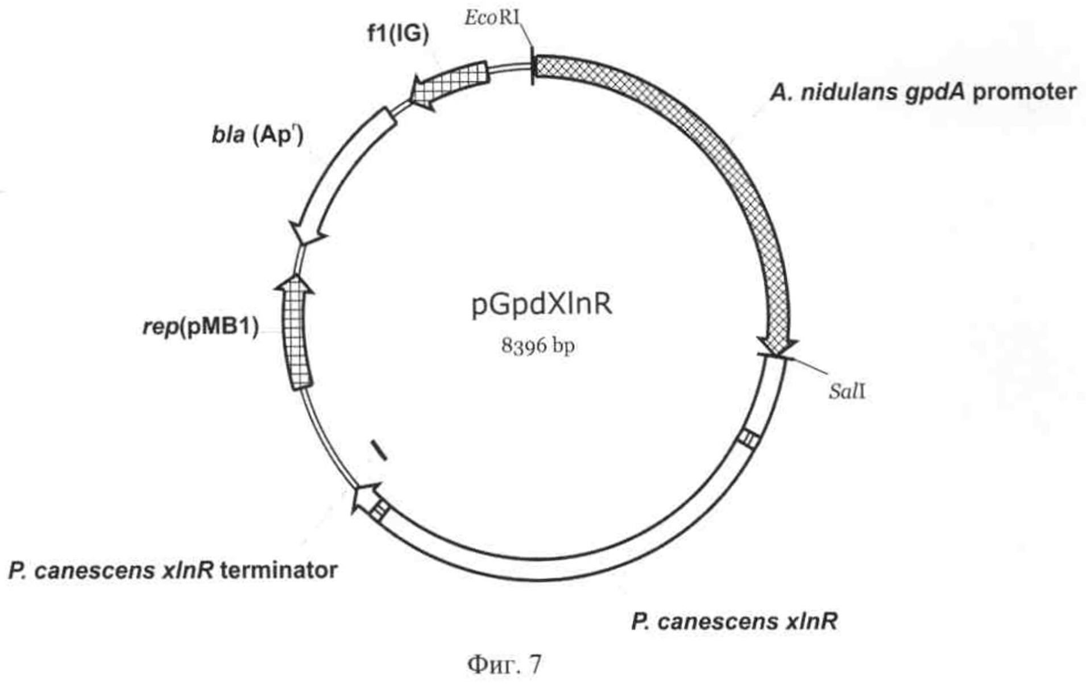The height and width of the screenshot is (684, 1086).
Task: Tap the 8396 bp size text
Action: coord(537,345)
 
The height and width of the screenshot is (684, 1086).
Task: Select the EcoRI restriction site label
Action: coord(492,18)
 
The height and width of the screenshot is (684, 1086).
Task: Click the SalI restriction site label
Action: coord(847,391)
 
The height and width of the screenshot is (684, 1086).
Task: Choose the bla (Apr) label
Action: coord(257,135)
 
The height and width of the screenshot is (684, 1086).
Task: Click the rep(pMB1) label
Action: coord(200,327)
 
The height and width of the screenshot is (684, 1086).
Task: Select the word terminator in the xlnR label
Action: coord(279,570)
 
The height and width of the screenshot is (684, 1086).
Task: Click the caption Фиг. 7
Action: coord(505,664)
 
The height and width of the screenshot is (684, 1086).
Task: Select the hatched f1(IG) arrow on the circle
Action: coord(449,85)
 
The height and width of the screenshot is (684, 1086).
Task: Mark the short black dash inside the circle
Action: coord(379,449)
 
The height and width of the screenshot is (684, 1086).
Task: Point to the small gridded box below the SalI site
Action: coord(749,439)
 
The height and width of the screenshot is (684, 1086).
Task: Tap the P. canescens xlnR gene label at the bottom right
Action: coord(734,621)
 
